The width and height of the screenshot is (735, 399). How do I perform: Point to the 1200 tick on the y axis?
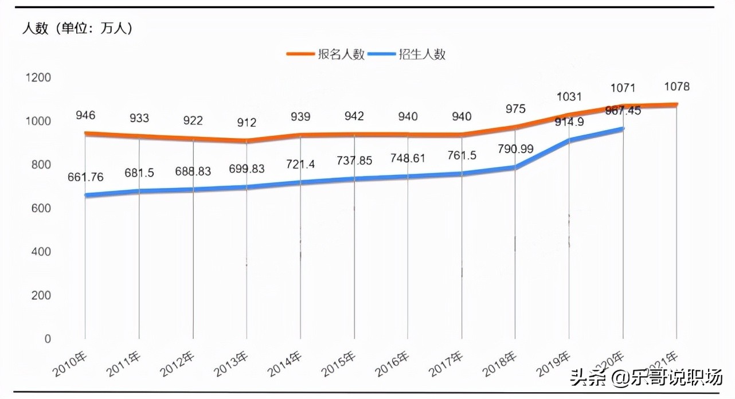pyautogui.click(x=38, y=77)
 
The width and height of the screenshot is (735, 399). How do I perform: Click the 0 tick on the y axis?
pyautogui.click(x=47, y=339)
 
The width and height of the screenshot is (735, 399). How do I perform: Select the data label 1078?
pyautogui.click(x=677, y=87)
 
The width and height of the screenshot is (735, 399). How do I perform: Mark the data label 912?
pyautogui.click(x=247, y=123)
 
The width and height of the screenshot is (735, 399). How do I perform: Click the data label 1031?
pyautogui.click(x=569, y=97)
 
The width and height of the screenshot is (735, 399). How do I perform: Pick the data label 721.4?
pyautogui.click(x=300, y=165)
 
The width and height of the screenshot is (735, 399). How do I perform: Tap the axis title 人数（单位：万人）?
pyautogui.click(x=77, y=28)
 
